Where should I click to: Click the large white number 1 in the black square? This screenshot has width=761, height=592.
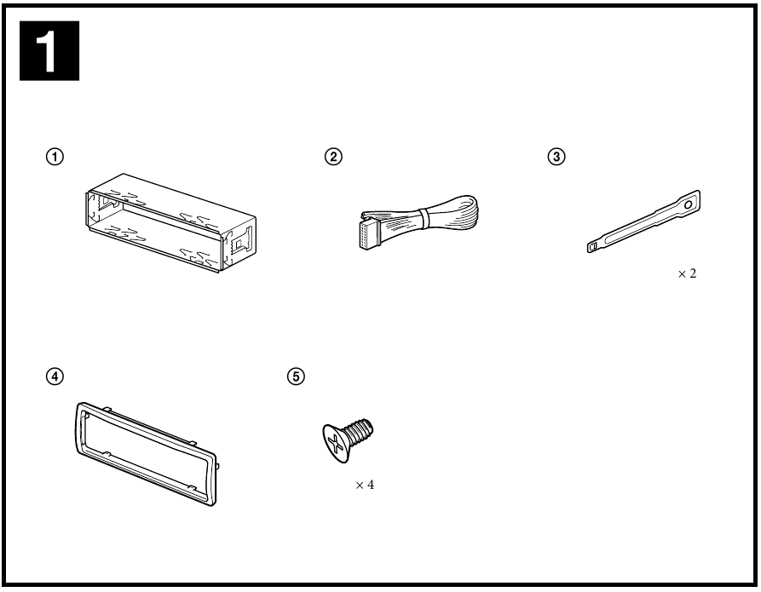click(46, 51)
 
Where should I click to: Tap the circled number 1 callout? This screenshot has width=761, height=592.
click(55, 157)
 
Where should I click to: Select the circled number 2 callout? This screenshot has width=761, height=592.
click(333, 157)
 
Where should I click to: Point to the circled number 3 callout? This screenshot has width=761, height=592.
click(556, 157)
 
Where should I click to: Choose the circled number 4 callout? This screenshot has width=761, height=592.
click(55, 376)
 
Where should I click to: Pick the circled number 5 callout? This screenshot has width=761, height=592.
click(296, 376)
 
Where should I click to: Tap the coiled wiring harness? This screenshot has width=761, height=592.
click(418, 221)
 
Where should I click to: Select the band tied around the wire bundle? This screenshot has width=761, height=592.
click(424, 218)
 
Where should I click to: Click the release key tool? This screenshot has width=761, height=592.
click(643, 221)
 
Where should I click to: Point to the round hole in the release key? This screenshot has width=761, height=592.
click(689, 204)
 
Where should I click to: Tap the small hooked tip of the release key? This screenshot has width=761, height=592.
click(592, 246)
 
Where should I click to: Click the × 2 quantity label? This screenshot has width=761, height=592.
click(687, 273)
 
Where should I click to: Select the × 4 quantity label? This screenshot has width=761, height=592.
click(365, 485)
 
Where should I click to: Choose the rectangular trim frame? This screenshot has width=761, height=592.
click(146, 454)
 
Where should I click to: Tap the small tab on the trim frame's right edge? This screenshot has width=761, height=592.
click(217, 466)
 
